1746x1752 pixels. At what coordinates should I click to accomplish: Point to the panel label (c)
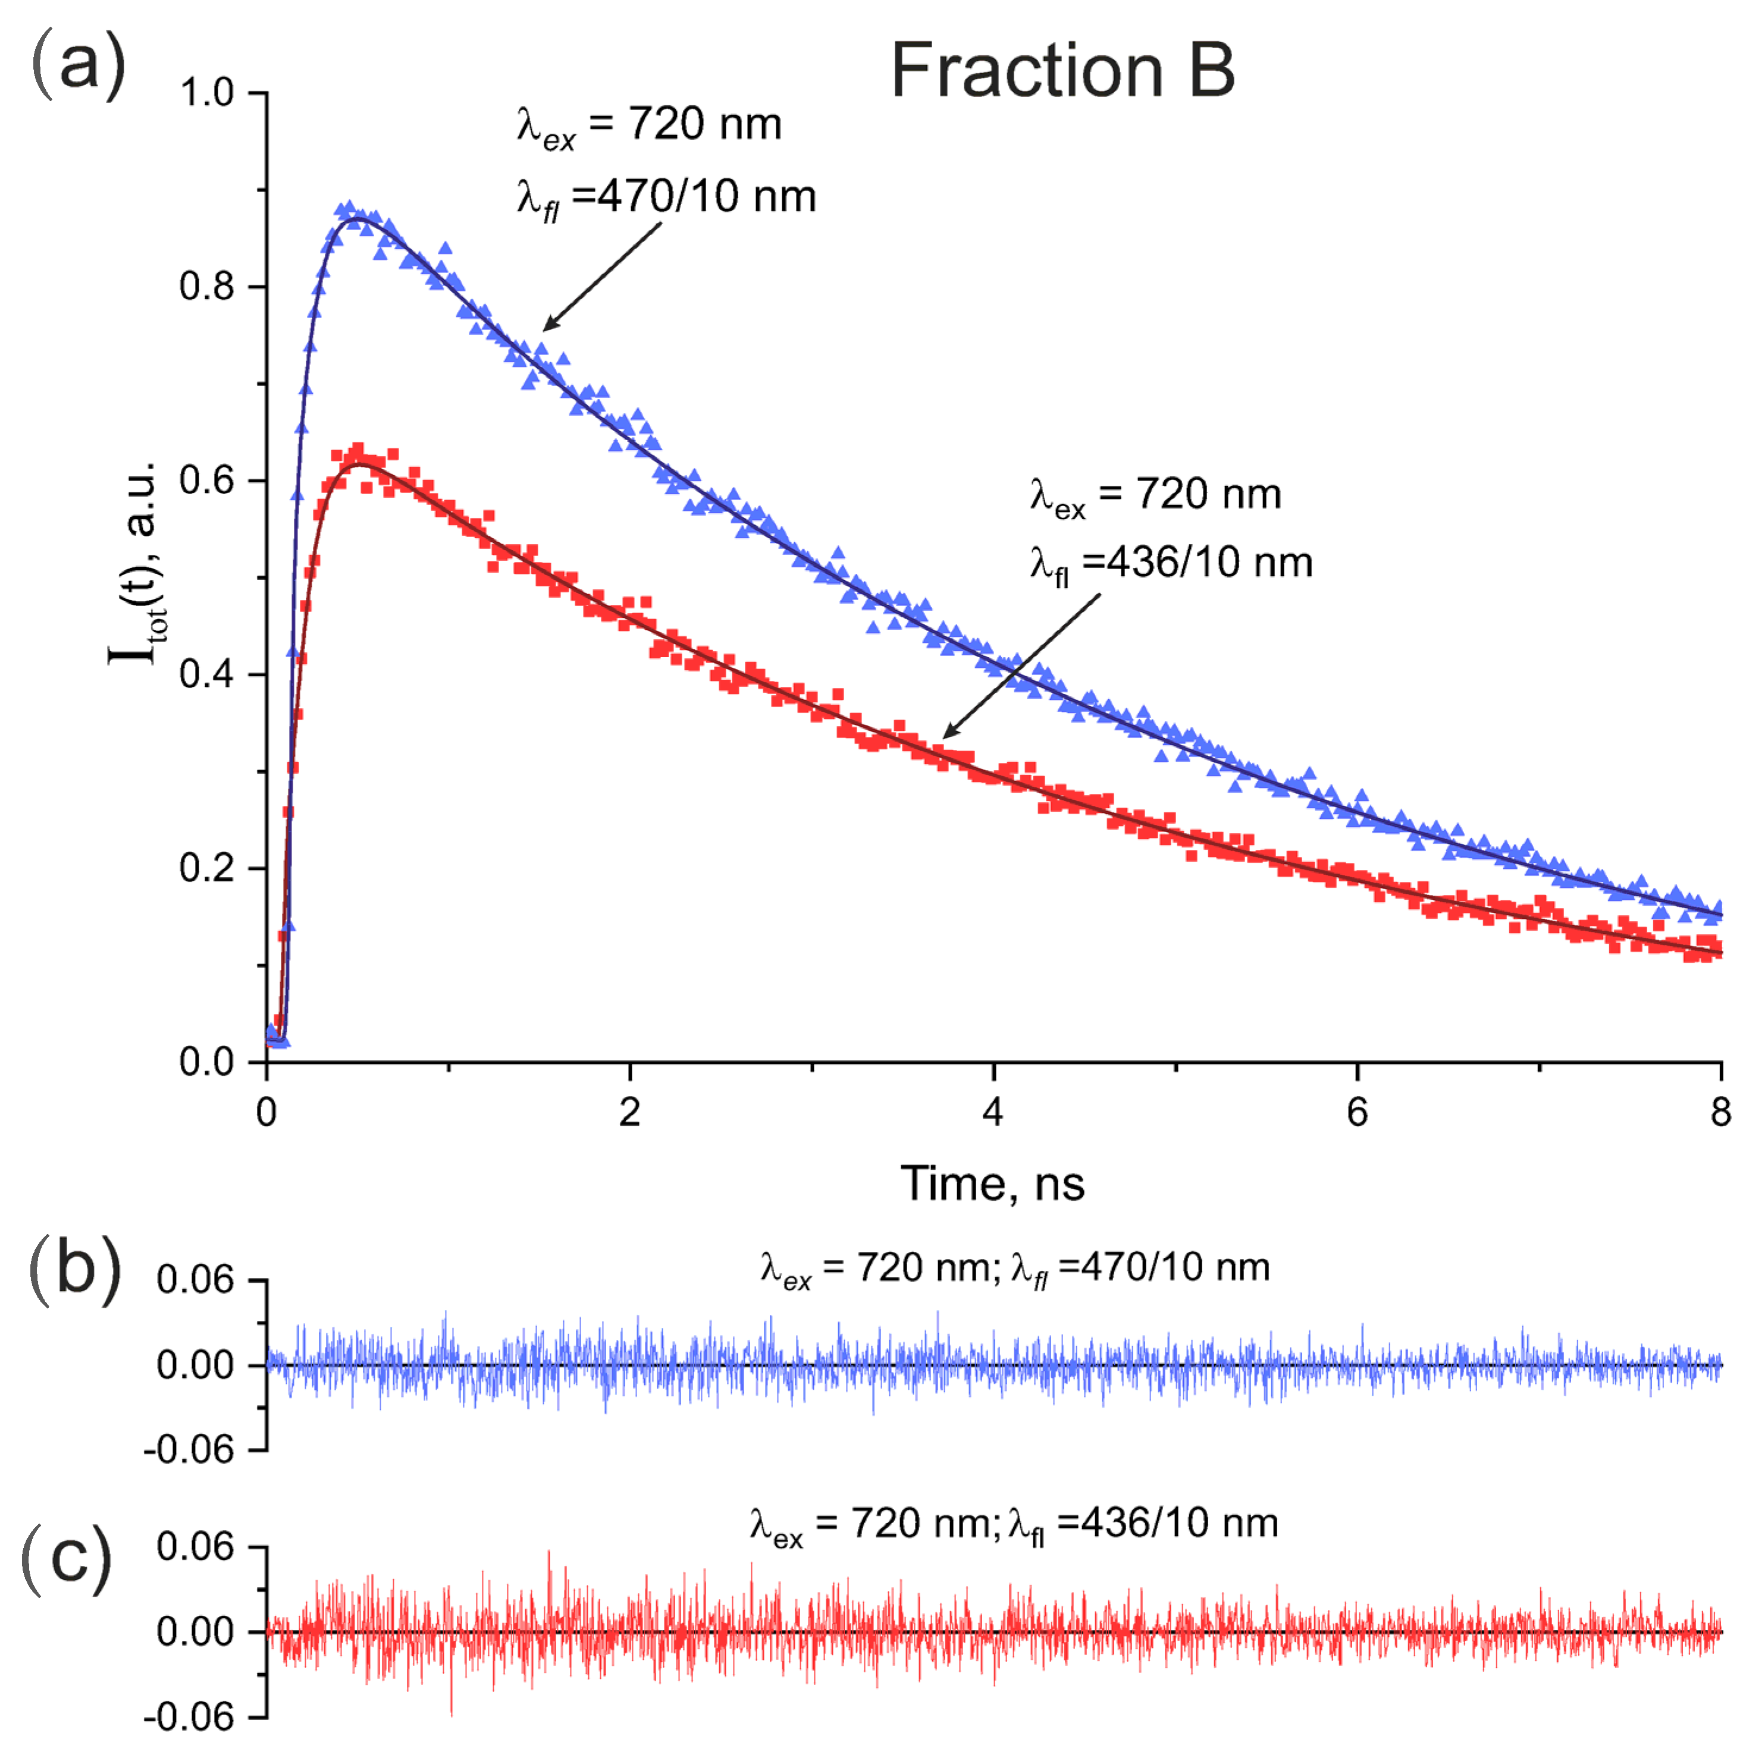[66, 1558]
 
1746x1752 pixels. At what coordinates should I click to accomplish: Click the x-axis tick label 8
[1720, 1112]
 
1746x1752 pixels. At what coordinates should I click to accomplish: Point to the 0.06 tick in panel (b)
[195, 1280]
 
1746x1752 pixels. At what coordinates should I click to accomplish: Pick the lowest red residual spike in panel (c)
[452, 1714]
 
